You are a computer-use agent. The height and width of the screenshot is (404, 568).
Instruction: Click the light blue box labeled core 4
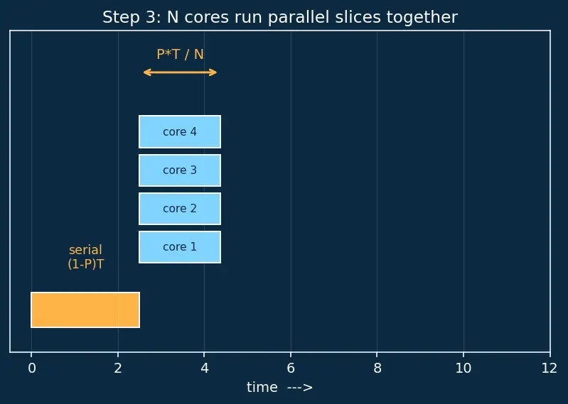click(180, 131)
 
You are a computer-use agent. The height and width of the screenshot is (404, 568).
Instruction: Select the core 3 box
click(180, 170)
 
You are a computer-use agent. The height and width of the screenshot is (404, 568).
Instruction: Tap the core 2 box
click(180, 209)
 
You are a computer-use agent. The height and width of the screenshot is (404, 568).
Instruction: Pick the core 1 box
click(180, 247)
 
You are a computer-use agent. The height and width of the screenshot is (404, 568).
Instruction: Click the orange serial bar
click(85, 310)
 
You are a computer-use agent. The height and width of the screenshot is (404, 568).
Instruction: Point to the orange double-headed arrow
click(180, 72)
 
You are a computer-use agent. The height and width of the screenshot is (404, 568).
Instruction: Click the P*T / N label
click(180, 54)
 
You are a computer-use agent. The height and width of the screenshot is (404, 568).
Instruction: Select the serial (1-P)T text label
click(86, 257)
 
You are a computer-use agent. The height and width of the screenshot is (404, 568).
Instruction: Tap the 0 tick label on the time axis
click(32, 368)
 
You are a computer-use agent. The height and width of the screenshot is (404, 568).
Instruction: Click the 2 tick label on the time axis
click(118, 368)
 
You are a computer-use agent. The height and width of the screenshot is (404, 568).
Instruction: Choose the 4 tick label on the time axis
click(204, 368)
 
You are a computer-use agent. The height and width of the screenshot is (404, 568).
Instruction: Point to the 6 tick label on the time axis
click(291, 368)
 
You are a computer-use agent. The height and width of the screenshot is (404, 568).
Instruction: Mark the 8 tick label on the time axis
click(377, 368)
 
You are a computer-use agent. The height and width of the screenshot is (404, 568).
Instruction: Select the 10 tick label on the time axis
click(463, 368)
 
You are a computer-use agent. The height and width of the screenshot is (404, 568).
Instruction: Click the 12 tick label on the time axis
click(550, 368)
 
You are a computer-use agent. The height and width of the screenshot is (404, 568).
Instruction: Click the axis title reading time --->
click(279, 388)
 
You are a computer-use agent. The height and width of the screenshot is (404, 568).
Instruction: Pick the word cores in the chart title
click(206, 17)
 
